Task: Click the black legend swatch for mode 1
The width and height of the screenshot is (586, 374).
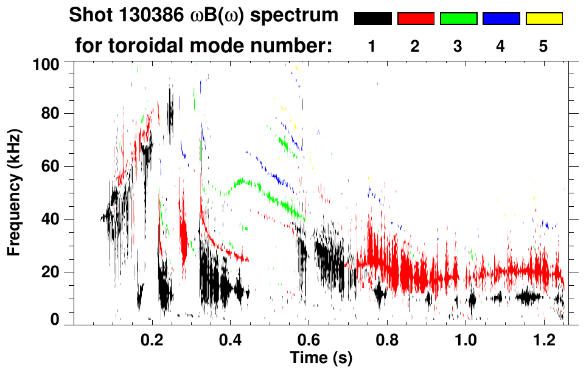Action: click(372, 19)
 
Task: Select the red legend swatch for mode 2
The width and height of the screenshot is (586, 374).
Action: click(416, 19)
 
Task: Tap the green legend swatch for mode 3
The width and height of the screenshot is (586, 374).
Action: click(458, 19)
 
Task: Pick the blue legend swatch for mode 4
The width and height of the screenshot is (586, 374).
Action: click(501, 19)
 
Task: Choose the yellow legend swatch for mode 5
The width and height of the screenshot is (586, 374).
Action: click(544, 19)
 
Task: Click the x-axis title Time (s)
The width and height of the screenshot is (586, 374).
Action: click(321, 357)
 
